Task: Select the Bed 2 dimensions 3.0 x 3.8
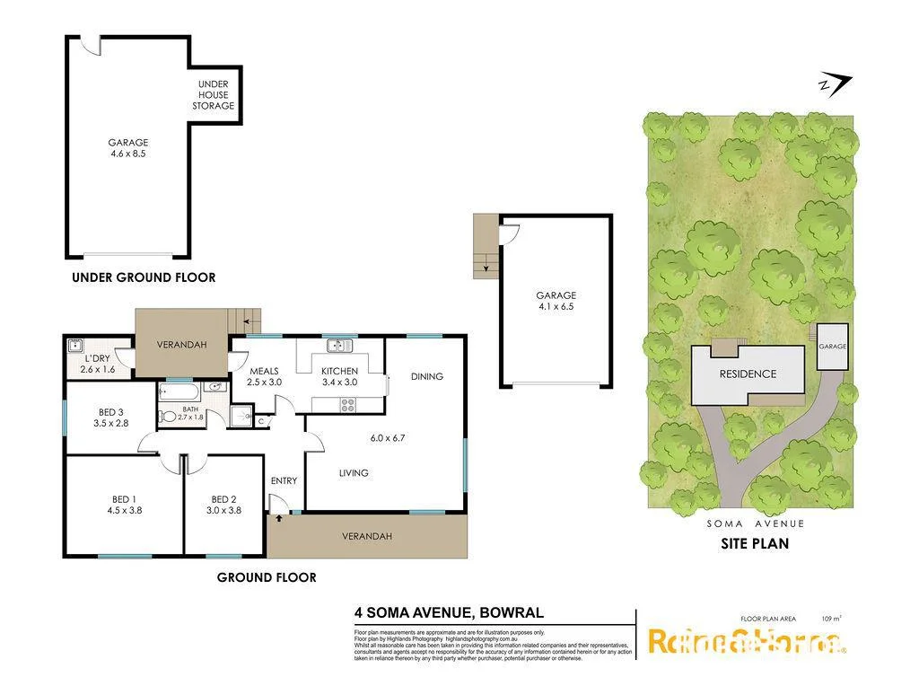(225, 510)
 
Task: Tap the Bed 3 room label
(111, 413)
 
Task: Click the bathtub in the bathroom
(179, 391)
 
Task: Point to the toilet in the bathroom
(167, 416)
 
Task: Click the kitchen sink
(339, 345)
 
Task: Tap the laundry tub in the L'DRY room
(75, 346)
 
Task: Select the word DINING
(426, 376)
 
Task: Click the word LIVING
(353, 473)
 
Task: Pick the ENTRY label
(284, 481)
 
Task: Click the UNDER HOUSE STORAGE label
(213, 95)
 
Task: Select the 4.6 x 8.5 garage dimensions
(128, 154)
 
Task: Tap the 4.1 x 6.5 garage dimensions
(556, 307)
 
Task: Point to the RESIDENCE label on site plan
(748, 374)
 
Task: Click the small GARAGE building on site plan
(832, 346)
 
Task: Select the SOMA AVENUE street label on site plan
(755, 523)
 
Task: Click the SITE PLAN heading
(755, 543)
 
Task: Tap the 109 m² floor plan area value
(831, 618)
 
